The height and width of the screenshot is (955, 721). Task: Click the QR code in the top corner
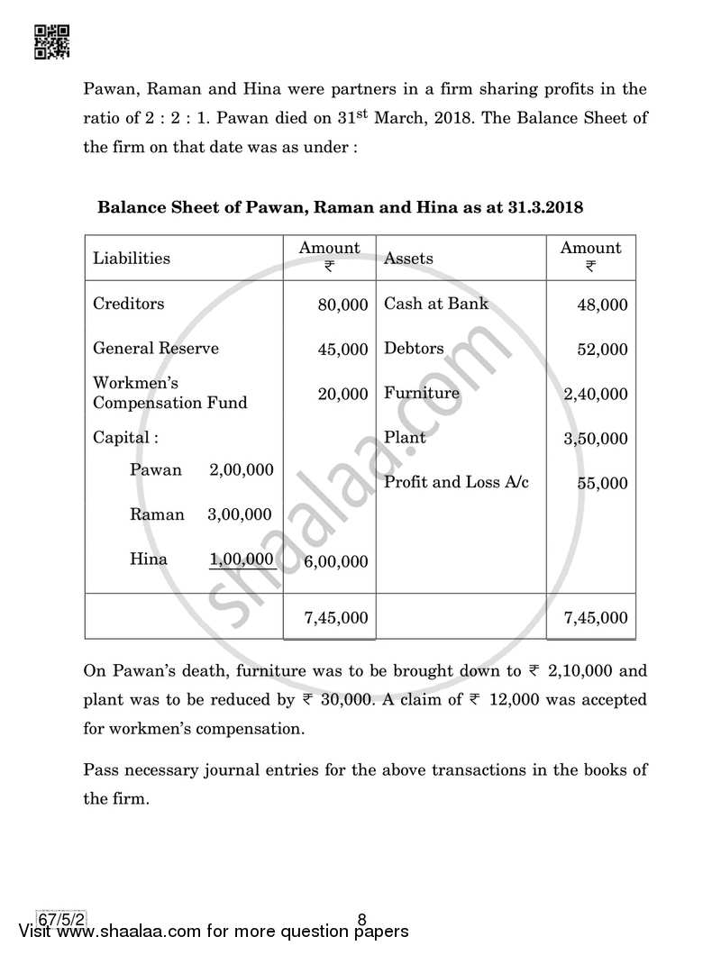pyautogui.click(x=52, y=41)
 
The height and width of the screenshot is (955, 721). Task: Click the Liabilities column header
pyautogui.click(x=132, y=259)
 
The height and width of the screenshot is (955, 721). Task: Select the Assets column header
pyautogui.click(x=408, y=259)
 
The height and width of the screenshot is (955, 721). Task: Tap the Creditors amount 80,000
pyautogui.click(x=342, y=305)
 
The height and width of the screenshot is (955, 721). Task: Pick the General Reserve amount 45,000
pyautogui.click(x=342, y=350)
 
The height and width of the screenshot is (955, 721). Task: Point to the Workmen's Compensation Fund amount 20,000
pyautogui.click(x=342, y=394)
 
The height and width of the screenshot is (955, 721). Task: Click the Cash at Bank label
pyautogui.click(x=436, y=304)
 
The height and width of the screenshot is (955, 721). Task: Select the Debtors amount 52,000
pyautogui.click(x=602, y=350)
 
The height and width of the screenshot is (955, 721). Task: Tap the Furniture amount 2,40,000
pyautogui.click(x=596, y=394)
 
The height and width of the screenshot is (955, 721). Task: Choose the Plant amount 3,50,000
pyautogui.click(x=596, y=439)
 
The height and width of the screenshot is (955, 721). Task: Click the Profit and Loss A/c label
pyautogui.click(x=456, y=482)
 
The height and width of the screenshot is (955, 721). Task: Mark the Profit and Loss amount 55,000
pyautogui.click(x=602, y=484)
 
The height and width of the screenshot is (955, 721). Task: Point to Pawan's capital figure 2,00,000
pyautogui.click(x=241, y=470)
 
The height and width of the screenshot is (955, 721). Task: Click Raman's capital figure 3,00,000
pyautogui.click(x=240, y=515)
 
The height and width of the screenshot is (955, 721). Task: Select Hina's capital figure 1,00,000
pyautogui.click(x=241, y=559)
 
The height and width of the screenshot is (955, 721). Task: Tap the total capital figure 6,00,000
pyautogui.click(x=336, y=561)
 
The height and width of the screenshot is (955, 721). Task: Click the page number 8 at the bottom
pyautogui.click(x=361, y=920)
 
